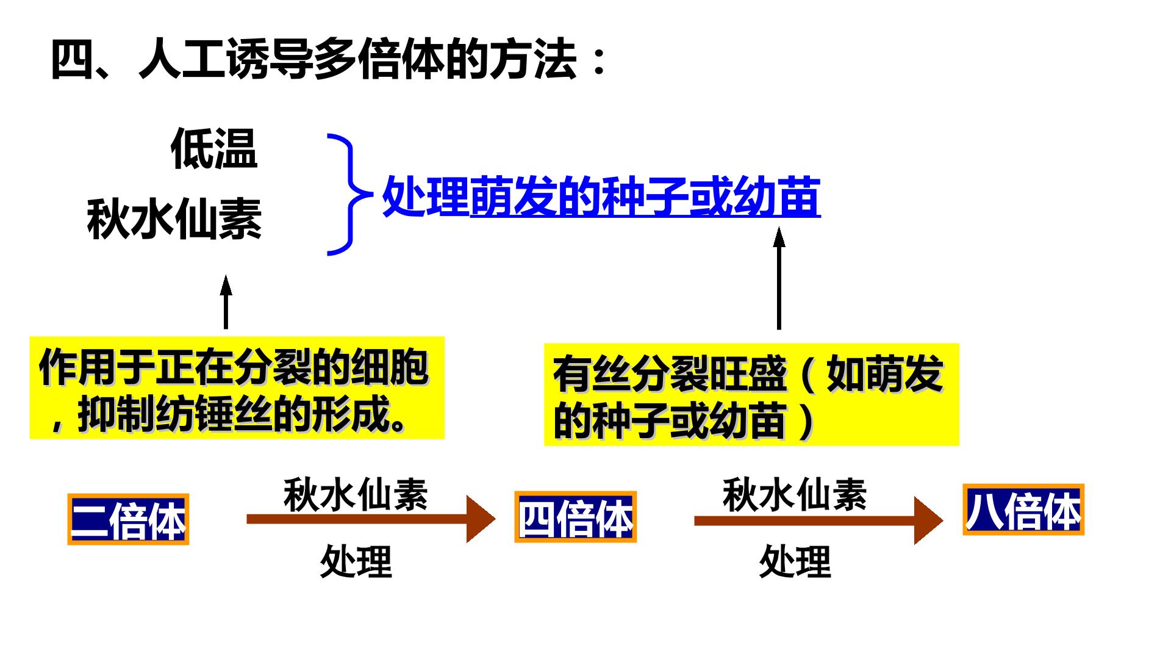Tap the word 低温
[214, 148]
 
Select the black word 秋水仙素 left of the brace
[174, 219]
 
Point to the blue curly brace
[349, 194]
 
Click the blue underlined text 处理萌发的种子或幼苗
[601, 196]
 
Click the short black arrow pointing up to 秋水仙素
[226, 302]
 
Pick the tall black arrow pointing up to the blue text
[779, 278]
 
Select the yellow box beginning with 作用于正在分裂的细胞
[237, 387]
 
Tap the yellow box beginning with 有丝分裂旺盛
[751, 394]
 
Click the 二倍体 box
[128, 519]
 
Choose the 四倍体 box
[576, 517]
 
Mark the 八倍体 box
[1023, 510]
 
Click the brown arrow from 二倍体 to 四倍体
[371, 519]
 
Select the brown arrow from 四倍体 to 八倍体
[818, 520]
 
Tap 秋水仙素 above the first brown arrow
[356, 494]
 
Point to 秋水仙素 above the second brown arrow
[795, 494]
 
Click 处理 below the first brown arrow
[356, 561]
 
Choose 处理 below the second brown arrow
[795, 561]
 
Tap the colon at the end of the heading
[599, 61]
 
